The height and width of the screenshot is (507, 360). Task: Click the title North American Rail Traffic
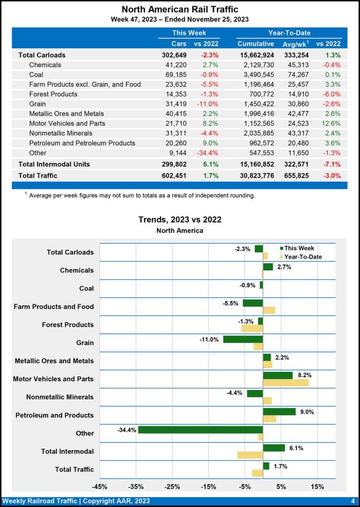tap(180, 9)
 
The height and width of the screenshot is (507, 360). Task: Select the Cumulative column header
tap(256, 44)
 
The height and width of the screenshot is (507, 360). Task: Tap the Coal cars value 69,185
tap(176, 75)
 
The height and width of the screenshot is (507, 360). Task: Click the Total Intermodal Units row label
tap(54, 164)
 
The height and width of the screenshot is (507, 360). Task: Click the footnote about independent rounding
tap(142, 196)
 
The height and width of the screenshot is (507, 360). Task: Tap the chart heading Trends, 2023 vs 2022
tap(179, 220)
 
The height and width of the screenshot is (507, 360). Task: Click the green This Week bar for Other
tap(200, 430)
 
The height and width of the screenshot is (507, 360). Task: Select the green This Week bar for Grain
tap(243, 339)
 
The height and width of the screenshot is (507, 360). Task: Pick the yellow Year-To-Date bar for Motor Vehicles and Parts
tap(286, 383)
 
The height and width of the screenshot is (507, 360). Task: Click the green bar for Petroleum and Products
tap(279, 411)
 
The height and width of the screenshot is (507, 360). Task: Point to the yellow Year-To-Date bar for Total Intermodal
tap(250, 455)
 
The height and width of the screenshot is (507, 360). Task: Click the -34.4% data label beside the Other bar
tap(126, 430)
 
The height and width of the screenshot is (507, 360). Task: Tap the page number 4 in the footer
tap(352, 501)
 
